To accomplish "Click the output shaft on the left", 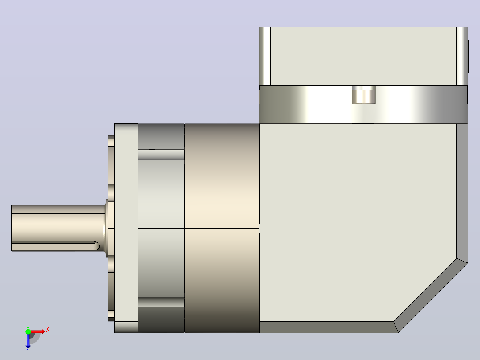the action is click(x=58, y=228).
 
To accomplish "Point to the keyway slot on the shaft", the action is click(x=55, y=246).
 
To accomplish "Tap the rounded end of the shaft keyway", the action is click(x=97, y=246).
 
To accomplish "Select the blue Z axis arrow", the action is click(x=28, y=341).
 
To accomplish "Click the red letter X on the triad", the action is click(x=48, y=330).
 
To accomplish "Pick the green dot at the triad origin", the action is click(x=28, y=331).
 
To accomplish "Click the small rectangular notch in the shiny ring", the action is click(x=364, y=94).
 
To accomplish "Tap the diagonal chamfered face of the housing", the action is click(x=431, y=296).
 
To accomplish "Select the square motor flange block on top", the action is click(x=363, y=56).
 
